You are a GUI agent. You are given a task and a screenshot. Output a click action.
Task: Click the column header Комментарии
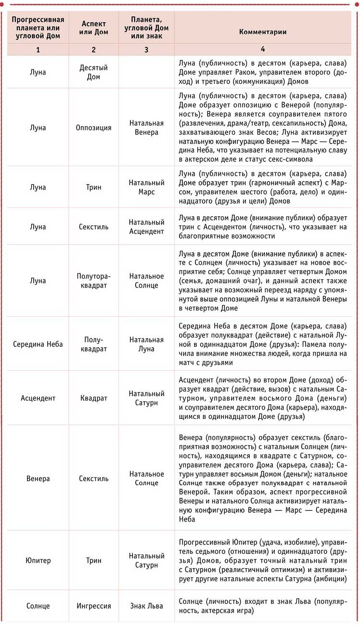263,32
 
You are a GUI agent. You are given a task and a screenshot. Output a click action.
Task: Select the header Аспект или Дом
93,27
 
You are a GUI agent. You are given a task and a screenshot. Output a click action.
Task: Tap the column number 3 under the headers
146,50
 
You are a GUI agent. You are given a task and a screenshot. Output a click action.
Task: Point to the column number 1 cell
38,50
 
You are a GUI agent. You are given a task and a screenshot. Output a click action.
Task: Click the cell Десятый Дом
93,72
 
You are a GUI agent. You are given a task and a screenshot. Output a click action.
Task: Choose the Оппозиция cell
93,128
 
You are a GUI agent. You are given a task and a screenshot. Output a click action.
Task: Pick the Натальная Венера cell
146,128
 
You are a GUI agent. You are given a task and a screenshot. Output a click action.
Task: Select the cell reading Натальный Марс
146,187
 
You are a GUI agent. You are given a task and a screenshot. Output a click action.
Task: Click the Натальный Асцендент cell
146,226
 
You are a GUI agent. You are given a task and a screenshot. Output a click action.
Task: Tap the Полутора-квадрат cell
93,281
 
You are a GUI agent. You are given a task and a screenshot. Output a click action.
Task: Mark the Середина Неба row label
38,344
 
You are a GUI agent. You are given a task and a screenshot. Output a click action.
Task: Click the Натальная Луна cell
146,344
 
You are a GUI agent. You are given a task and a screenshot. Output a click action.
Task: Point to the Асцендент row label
38,398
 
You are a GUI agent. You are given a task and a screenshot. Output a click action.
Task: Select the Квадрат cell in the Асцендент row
93,398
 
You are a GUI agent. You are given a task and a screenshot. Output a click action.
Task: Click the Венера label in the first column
38,479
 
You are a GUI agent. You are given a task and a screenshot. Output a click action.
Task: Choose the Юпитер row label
38,560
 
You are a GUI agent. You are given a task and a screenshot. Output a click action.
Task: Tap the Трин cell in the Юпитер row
93,560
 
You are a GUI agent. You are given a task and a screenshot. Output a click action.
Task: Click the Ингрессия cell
93,606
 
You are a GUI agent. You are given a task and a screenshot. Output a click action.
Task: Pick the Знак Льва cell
146,606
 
